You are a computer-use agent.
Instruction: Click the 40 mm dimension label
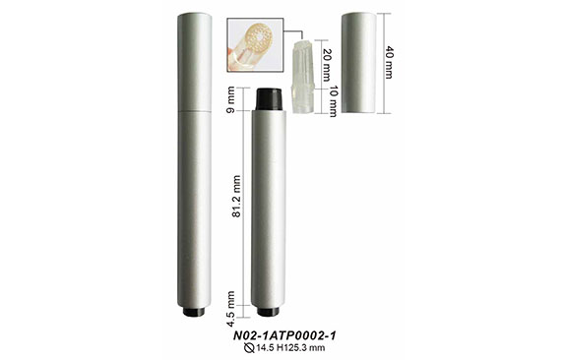[x=389, y=62]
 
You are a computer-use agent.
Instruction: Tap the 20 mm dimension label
[x=326, y=65]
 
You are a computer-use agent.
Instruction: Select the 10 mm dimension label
[x=333, y=101]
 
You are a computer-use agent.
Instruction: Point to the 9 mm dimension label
[x=230, y=99]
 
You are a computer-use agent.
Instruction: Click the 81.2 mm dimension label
[x=236, y=196]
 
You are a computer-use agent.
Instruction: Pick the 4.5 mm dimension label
[x=230, y=309]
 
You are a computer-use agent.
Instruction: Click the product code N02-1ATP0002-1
[x=284, y=335]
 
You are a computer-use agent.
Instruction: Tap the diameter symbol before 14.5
[x=249, y=348]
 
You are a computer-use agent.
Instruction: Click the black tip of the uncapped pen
[x=269, y=99]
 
